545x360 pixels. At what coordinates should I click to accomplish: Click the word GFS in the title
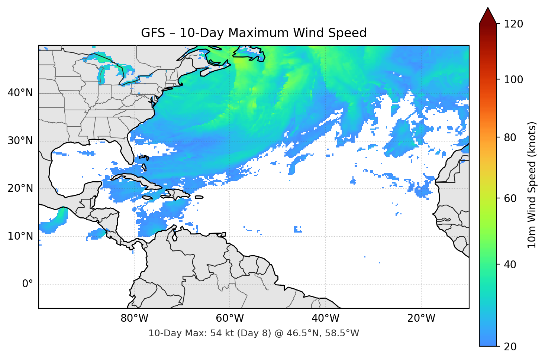pos(153,33)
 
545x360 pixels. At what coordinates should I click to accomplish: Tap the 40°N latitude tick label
pos(20,93)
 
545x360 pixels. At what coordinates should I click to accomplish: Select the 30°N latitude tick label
pos(20,141)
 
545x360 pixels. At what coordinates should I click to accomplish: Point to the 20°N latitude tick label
pos(20,188)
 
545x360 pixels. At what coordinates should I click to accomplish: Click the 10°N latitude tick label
pos(20,236)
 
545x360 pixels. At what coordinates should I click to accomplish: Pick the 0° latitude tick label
pos(27,284)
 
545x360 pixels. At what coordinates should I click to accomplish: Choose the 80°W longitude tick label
pos(134,318)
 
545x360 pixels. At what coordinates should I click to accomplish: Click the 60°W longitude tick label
pos(230,318)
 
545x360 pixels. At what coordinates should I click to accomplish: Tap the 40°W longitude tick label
pos(325,318)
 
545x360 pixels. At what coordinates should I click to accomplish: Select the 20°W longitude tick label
pos(421,318)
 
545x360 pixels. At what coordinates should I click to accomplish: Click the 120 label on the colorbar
pos(513,24)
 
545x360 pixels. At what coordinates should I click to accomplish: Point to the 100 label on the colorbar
pos(513,80)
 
